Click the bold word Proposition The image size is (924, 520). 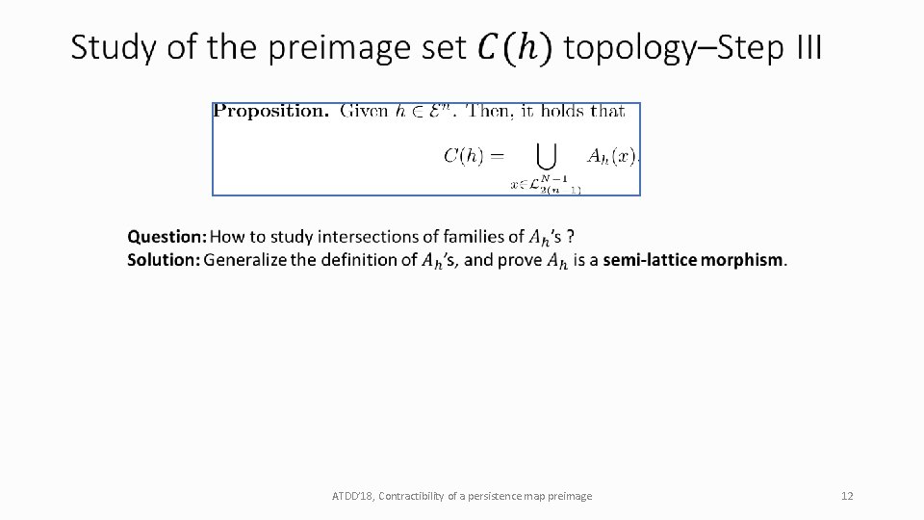(x=271, y=111)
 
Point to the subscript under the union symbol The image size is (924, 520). (x=546, y=186)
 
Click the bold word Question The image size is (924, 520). (x=167, y=236)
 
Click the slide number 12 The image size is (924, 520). (x=847, y=496)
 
